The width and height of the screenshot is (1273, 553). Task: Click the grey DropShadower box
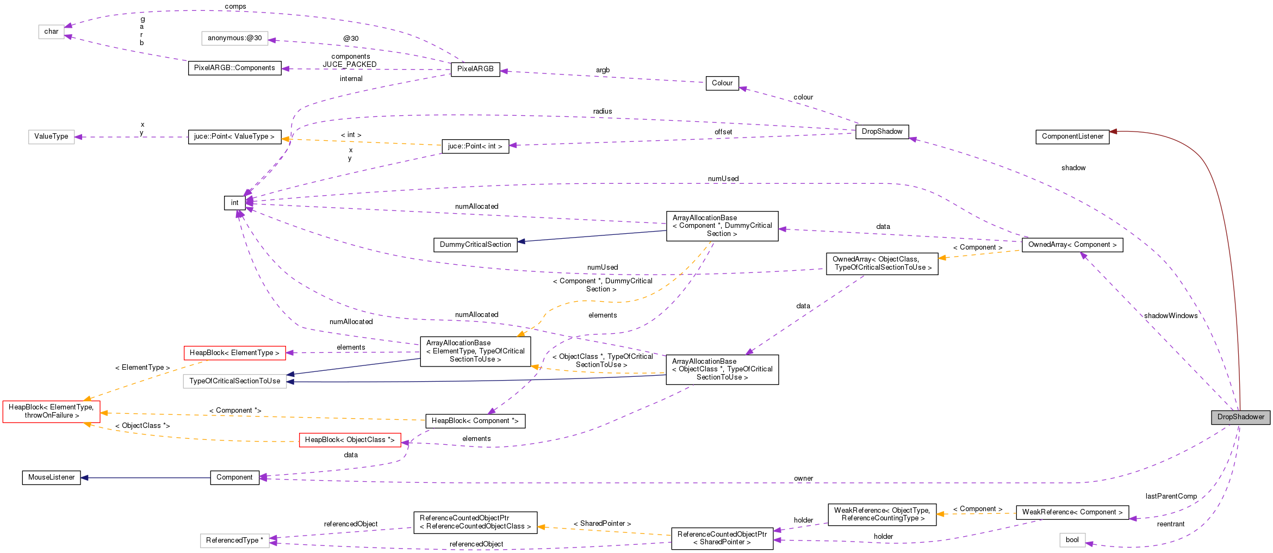pos(1240,417)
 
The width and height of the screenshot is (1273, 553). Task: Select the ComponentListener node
pos(1072,136)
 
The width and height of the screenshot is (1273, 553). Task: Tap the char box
pos(51,32)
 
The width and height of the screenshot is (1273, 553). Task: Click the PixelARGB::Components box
pos(234,68)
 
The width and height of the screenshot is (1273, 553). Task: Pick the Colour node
pos(722,83)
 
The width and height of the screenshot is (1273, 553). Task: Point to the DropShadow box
pos(881,132)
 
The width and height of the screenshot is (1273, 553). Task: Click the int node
pos(234,203)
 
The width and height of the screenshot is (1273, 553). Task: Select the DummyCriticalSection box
pos(475,245)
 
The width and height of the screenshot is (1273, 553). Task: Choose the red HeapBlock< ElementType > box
pos(234,353)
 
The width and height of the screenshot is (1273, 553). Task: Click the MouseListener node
pos(51,477)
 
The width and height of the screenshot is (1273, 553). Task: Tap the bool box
pos(1072,540)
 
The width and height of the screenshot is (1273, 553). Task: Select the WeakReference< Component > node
pos(1072,512)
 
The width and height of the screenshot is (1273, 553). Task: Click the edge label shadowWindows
pos(1170,316)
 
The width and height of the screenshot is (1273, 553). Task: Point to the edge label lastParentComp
pos(1171,496)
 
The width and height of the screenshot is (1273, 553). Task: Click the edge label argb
pos(603,70)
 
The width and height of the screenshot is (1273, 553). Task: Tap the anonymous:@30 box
pos(234,38)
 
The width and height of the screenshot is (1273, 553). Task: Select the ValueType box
pos(51,136)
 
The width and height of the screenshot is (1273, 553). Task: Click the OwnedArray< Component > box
pos(1072,245)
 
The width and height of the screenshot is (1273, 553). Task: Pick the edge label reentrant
pos(1170,524)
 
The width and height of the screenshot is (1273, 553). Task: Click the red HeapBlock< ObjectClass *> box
pos(350,440)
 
